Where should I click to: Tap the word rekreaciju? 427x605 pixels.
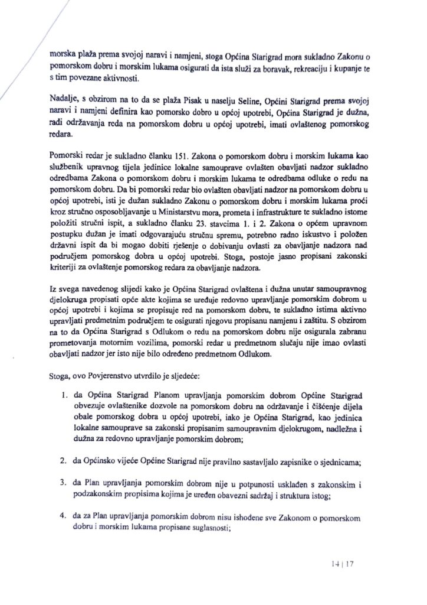[x=311, y=69]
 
